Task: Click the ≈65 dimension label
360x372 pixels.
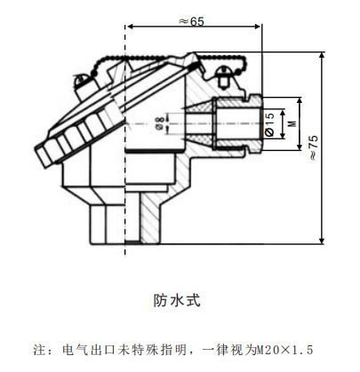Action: (x=191, y=21)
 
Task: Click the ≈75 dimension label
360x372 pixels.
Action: (x=314, y=148)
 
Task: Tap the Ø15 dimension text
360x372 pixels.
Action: (x=269, y=124)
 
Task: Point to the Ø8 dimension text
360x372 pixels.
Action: (x=160, y=123)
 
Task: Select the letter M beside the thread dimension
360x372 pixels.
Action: (x=292, y=123)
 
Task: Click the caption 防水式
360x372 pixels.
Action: (x=177, y=300)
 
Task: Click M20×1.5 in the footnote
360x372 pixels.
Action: (x=284, y=350)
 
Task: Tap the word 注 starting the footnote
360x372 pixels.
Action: (x=39, y=350)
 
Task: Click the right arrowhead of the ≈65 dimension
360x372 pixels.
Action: (x=258, y=27)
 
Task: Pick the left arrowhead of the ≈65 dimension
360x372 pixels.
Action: (x=130, y=27)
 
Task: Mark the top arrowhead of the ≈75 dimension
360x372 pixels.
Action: (x=322, y=56)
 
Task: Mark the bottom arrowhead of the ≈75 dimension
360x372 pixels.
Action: (x=322, y=241)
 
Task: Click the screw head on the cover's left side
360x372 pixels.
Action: (x=81, y=80)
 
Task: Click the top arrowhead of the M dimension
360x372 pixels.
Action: (x=300, y=101)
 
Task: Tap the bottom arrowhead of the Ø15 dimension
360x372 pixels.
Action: (x=283, y=135)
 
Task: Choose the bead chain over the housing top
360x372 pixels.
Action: (x=171, y=59)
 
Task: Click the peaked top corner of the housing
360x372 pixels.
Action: (x=193, y=53)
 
